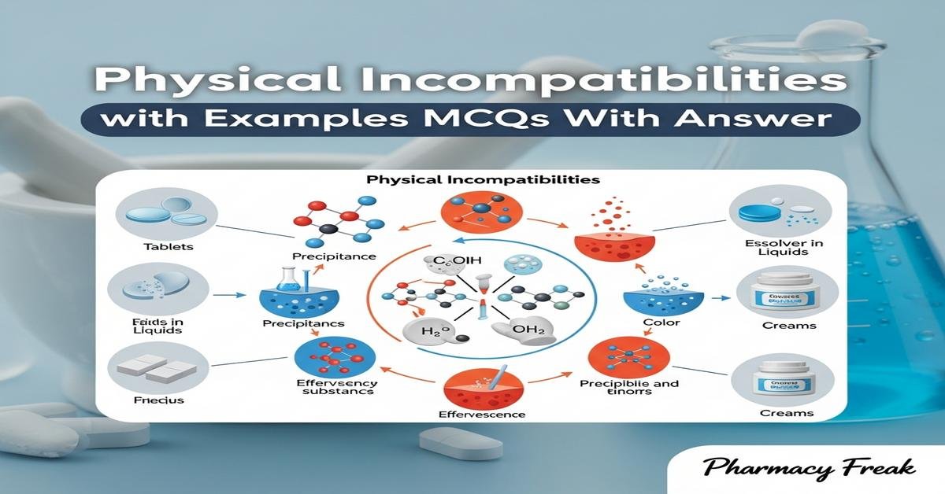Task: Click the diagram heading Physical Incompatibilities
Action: [x=483, y=180]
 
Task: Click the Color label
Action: [x=660, y=323]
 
